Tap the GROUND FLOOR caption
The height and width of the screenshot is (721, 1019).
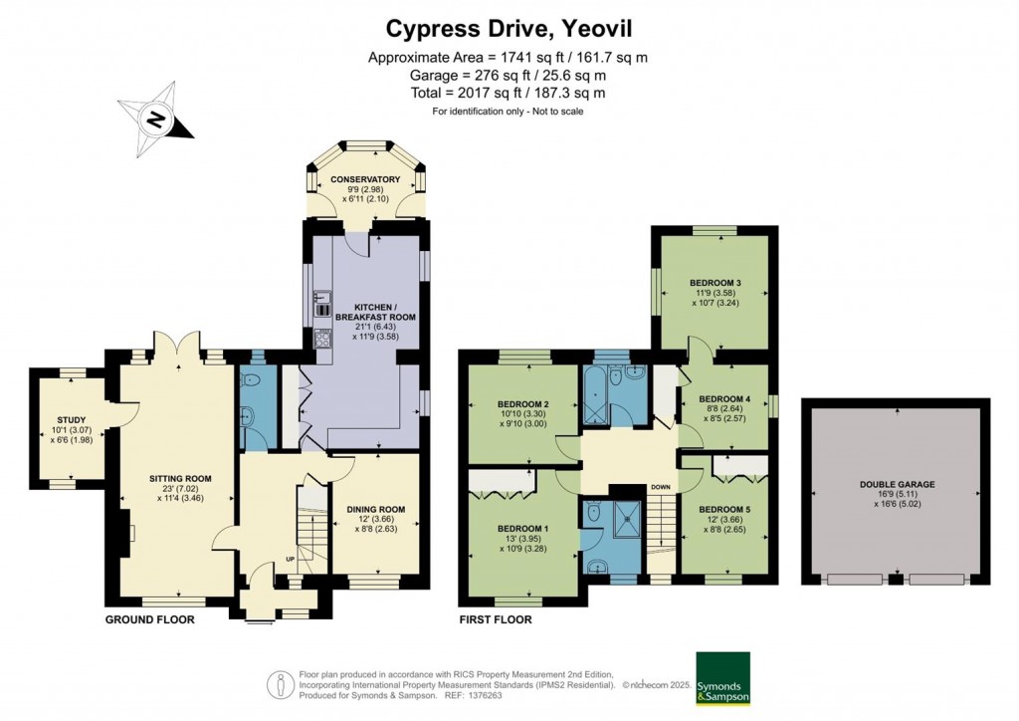[149, 619]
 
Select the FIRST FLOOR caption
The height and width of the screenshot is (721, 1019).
[496, 619]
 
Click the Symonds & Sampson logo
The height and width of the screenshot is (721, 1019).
[722, 678]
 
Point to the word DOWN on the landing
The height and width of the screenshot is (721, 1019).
[660, 487]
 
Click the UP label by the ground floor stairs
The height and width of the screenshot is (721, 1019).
[292, 558]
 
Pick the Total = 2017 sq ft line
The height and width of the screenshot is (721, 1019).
[509, 93]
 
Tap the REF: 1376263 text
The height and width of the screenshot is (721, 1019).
[483, 695]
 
